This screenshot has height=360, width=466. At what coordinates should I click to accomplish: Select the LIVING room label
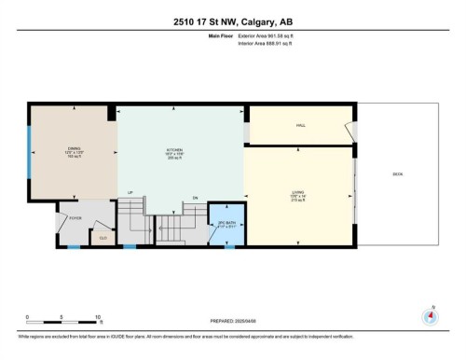point(298,194)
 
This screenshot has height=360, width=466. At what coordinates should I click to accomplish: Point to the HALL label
point(301,125)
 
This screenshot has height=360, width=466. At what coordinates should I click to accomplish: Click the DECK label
point(398,174)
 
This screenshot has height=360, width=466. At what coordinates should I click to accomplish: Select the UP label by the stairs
point(131,193)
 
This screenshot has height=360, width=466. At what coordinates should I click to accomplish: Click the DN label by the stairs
point(196,197)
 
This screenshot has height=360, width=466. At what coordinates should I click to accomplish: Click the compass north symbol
point(431,315)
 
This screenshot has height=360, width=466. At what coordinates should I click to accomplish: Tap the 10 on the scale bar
point(98,317)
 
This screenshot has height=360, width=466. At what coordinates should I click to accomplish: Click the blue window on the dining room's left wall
point(30,148)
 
